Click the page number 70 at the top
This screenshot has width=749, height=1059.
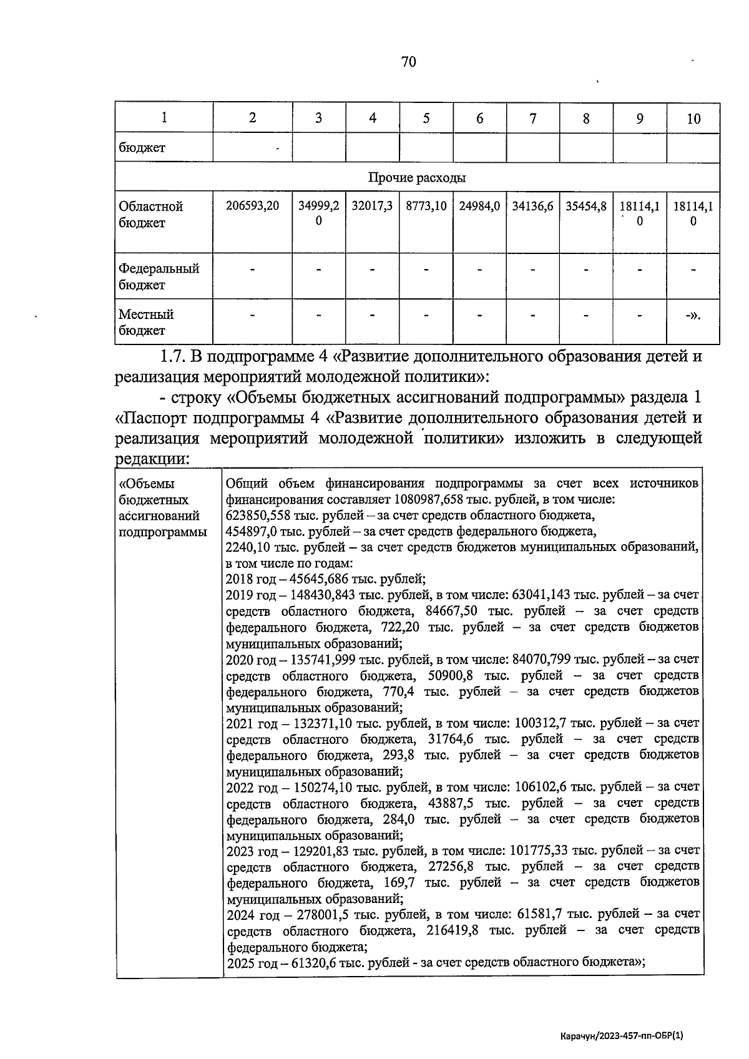[x=409, y=61]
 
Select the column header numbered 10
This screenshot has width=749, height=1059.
[x=693, y=119]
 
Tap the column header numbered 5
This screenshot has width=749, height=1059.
[x=426, y=118]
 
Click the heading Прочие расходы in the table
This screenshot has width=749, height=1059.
[x=417, y=178]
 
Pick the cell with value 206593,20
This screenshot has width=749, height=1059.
[x=252, y=206]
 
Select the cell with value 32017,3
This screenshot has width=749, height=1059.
[x=372, y=206]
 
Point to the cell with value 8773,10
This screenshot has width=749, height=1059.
[x=426, y=206]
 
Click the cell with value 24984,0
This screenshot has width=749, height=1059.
[x=479, y=206]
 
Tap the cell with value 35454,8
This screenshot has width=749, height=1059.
[x=586, y=206]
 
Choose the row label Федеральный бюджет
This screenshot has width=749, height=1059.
[x=159, y=276]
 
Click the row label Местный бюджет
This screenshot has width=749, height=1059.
[x=146, y=322]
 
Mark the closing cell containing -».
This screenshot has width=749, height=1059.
[x=693, y=316]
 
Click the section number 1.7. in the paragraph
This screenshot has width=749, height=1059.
[x=173, y=357]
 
